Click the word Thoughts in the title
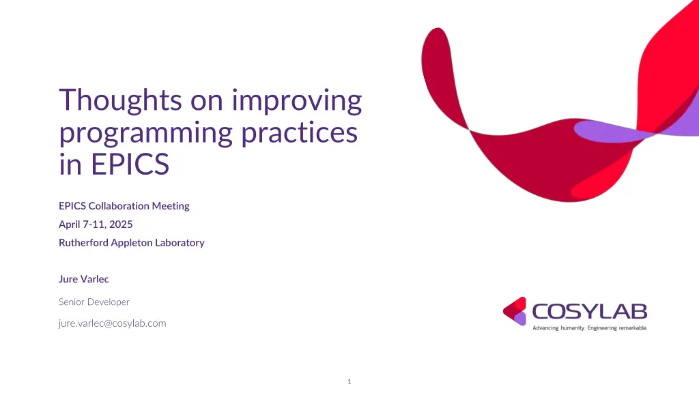pyautogui.click(x=120, y=100)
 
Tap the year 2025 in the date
pyautogui.click(x=120, y=224)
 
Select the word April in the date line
pyautogui.click(x=70, y=224)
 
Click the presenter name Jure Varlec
pyautogui.click(x=83, y=279)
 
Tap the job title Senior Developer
pyautogui.click(x=94, y=302)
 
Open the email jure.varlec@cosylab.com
pyautogui.click(x=112, y=323)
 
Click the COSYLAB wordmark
pyautogui.click(x=589, y=312)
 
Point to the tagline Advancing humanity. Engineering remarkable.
pyautogui.click(x=589, y=328)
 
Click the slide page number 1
pyautogui.click(x=349, y=381)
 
